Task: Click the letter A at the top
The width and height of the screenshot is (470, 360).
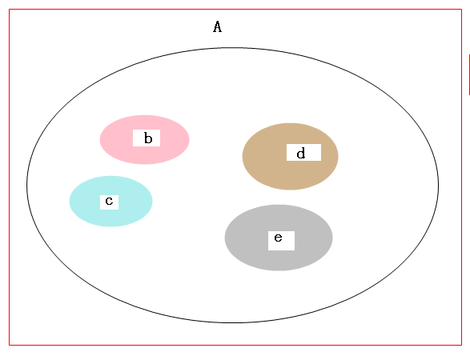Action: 217,26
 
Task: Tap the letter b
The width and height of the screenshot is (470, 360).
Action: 148,138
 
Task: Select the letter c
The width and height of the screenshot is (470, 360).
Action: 109,201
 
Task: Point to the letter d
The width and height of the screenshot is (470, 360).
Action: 301,153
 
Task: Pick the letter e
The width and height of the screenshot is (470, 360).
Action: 278,238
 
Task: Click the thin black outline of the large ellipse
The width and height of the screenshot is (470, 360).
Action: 27,185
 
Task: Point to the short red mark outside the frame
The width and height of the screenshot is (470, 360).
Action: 469,74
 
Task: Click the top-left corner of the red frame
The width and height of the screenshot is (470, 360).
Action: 10,10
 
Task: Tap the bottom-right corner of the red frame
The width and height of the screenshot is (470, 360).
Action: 461,345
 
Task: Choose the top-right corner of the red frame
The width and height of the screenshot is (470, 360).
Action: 461,10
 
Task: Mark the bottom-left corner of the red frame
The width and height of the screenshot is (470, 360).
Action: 10,345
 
